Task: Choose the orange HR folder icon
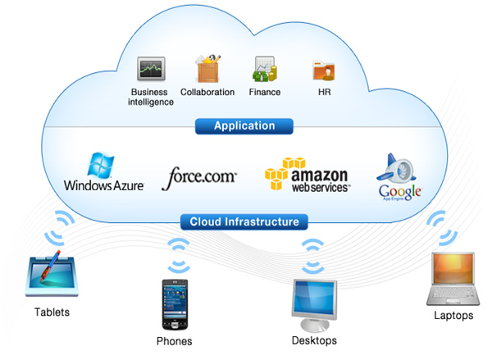click(321, 69)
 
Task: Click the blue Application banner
click(244, 126)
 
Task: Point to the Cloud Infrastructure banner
click(244, 221)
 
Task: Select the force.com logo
click(201, 175)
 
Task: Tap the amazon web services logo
click(307, 174)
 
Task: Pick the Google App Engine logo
click(399, 177)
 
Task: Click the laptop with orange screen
click(453, 279)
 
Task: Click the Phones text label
click(175, 340)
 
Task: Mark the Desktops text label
click(314, 339)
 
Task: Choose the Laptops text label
click(453, 316)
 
